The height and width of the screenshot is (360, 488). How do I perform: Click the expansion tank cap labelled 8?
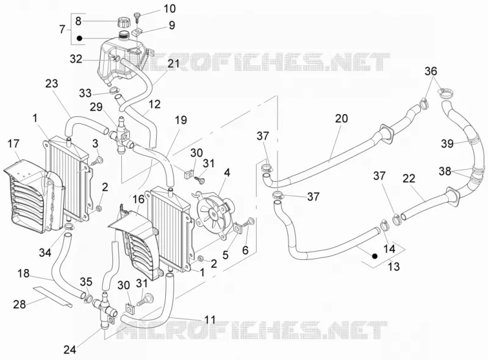click(x=122, y=23)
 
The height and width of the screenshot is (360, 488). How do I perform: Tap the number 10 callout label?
click(x=170, y=9)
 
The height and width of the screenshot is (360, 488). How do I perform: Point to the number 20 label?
click(x=342, y=118)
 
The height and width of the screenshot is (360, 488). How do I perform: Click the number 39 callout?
click(x=447, y=143)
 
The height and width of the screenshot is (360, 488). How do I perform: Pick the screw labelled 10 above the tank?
click(x=137, y=16)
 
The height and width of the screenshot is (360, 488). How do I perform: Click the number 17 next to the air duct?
click(x=13, y=143)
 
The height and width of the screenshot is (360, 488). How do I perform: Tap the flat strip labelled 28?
click(x=53, y=296)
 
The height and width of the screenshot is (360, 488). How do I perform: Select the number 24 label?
click(x=70, y=350)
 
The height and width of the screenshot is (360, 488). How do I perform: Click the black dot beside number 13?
click(x=375, y=256)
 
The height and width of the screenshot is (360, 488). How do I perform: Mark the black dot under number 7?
click(x=79, y=38)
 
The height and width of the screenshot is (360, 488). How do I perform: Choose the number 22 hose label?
click(x=409, y=178)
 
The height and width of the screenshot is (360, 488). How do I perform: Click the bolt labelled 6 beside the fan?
click(x=249, y=222)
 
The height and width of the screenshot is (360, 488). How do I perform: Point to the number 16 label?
click(x=138, y=200)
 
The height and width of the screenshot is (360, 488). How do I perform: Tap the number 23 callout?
click(x=52, y=84)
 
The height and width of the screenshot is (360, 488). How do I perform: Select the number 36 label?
click(x=431, y=71)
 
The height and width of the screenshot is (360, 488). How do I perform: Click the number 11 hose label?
click(x=210, y=320)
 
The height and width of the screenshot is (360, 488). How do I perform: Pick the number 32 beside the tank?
click(x=76, y=59)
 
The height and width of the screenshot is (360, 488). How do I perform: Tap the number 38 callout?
click(x=445, y=171)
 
